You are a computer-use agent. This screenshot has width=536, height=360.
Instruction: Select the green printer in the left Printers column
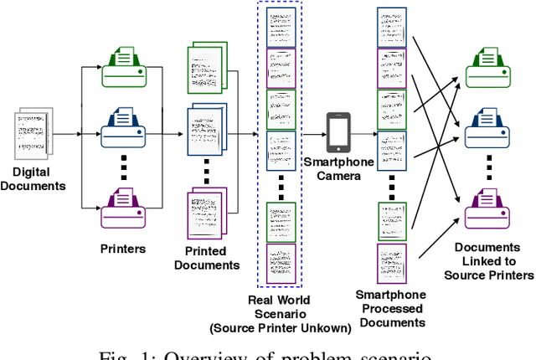coord(124,67)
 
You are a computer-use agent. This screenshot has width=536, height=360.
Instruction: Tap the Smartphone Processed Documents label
coord(391,307)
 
